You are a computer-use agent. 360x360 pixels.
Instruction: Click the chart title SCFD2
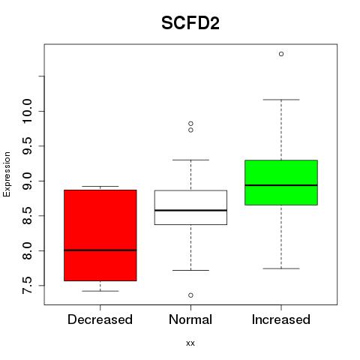click(190, 23)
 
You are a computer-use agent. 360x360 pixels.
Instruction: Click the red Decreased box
click(100, 235)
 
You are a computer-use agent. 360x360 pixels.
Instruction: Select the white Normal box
click(190, 208)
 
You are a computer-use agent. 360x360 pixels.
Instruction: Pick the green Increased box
click(281, 182)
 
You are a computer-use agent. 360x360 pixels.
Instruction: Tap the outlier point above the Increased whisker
click(281, 54)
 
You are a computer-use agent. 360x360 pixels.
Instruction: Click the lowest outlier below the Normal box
click(190, 295)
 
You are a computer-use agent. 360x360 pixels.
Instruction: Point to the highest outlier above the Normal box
click(190, 124)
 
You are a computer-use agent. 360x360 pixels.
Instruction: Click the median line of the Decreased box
click(100, 250)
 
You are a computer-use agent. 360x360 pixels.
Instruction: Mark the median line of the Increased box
click(281, 185)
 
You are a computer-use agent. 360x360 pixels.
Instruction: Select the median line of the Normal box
click(190, 210)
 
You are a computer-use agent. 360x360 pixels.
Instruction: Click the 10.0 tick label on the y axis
click(27, 111)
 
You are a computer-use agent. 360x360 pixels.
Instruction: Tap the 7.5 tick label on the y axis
click(27, 286)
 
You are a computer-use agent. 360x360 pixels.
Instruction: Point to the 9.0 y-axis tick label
click(27, 181)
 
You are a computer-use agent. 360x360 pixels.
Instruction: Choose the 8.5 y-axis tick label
click(27, 216)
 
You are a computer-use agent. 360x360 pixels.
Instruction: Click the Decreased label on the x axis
click(100, 319)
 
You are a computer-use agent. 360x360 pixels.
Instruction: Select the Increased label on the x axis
click(281, 319)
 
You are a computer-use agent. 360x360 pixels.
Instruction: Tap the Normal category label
click(190, 319)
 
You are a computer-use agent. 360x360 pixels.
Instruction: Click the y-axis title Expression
click(7, 174)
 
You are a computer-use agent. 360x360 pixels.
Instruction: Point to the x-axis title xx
click(190, 343)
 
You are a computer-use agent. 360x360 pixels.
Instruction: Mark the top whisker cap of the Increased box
click(281, 100)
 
